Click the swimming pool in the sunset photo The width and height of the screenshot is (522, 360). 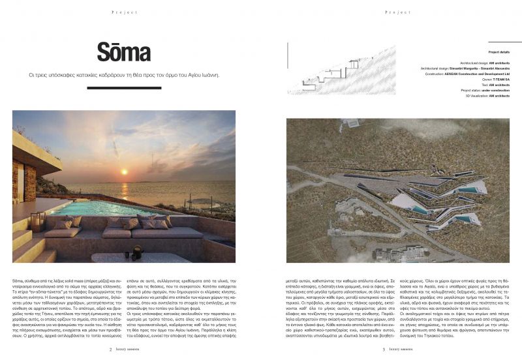click(x=104, y=208)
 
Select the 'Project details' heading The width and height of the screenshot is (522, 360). click(x=499, y=52)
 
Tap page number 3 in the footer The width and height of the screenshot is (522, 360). click(x=383, y=348)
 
